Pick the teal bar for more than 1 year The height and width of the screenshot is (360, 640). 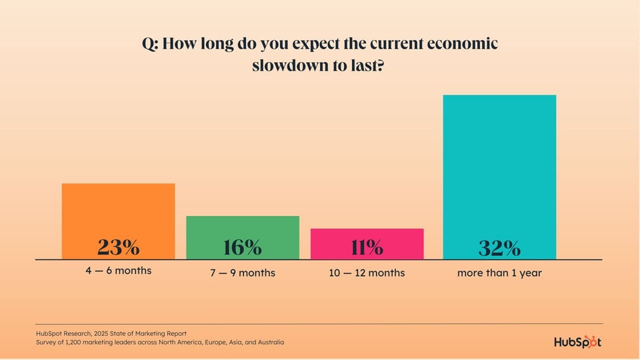click(499, 167)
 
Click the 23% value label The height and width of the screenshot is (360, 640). click(118, 247)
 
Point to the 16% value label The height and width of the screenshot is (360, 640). click(243, 247)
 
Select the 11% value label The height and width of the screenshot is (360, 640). click(367, 247)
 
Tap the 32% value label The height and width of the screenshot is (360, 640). click(499, 248)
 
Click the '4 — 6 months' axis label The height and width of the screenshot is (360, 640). click(118, 271)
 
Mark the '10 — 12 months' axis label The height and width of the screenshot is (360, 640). click(367, 273)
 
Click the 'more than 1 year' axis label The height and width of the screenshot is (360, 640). click(499, 273)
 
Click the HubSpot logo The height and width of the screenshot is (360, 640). click(577, 341)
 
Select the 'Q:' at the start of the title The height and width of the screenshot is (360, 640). click(150, 44)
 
